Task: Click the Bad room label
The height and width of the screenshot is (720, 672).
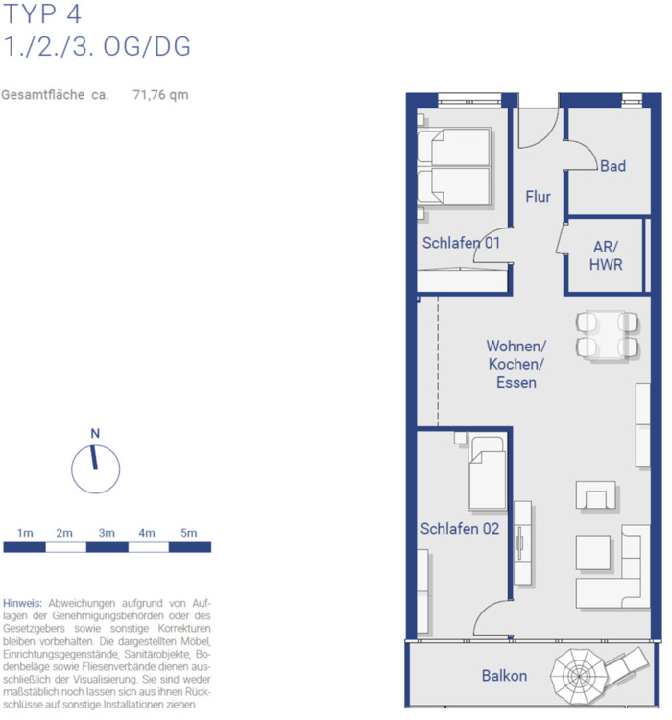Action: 612,166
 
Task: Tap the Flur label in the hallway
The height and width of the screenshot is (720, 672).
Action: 538,197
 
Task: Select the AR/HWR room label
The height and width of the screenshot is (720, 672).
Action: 606,254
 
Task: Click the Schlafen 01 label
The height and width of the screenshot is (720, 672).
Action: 461,243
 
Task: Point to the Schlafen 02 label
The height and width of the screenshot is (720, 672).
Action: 460,528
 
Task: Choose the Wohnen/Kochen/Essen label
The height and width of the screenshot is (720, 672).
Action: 516,364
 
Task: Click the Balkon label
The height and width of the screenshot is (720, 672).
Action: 504,676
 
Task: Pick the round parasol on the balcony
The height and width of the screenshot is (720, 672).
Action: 584,675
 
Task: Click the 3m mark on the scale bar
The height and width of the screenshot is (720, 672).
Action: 107,533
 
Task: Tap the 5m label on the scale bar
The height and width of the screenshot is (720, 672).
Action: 189,533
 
